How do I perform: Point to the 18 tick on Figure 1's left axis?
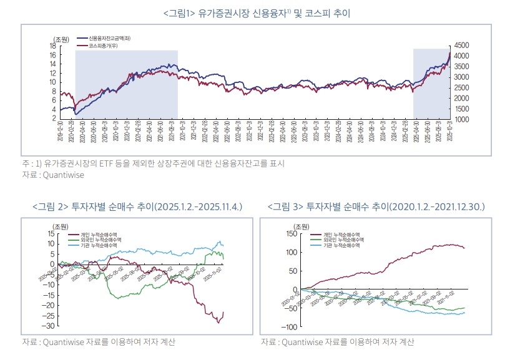(53, 46)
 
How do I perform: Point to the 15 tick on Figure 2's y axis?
(51, 233)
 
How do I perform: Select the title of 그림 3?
(376, 207)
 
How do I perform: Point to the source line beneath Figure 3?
(336, 342)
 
